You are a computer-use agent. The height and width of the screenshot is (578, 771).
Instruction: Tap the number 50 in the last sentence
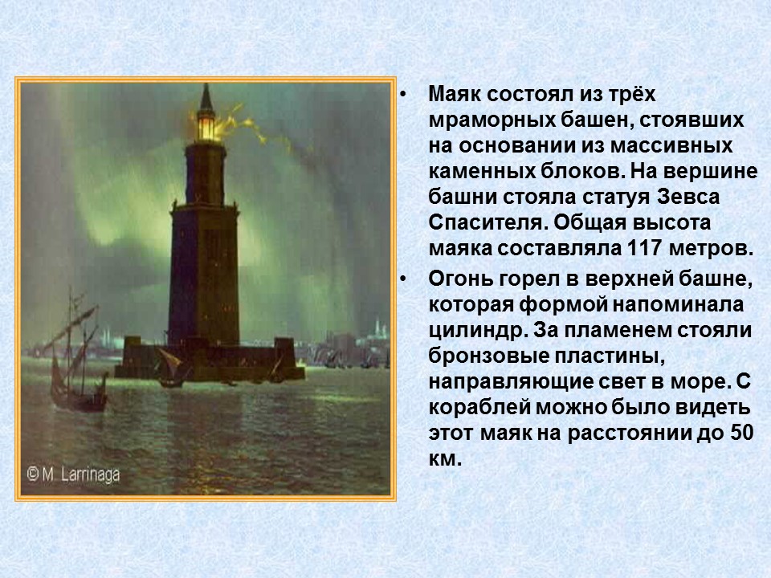(740, 434)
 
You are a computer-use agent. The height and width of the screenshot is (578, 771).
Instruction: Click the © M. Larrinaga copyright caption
(74, 474)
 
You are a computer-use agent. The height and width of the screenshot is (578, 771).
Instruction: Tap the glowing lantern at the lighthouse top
(206, 125)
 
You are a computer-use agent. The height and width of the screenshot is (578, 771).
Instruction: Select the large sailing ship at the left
(74, 353)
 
